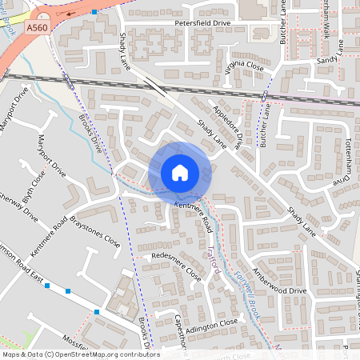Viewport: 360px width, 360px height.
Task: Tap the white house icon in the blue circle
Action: pyautogui.click(x=180, y=172)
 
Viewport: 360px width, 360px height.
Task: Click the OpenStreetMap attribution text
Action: pyautogui.click(x=80, y=354)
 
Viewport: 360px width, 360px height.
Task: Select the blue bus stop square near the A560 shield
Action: pyautogui.click(x=94, y=13)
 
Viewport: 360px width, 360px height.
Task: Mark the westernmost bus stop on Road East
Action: pyautogui.click(x=48, y=286)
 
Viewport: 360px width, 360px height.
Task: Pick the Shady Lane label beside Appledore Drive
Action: pyautogui.click(x=210, y=133)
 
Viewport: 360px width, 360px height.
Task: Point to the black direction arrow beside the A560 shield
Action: pyautogui.click(x=72, y=14)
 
